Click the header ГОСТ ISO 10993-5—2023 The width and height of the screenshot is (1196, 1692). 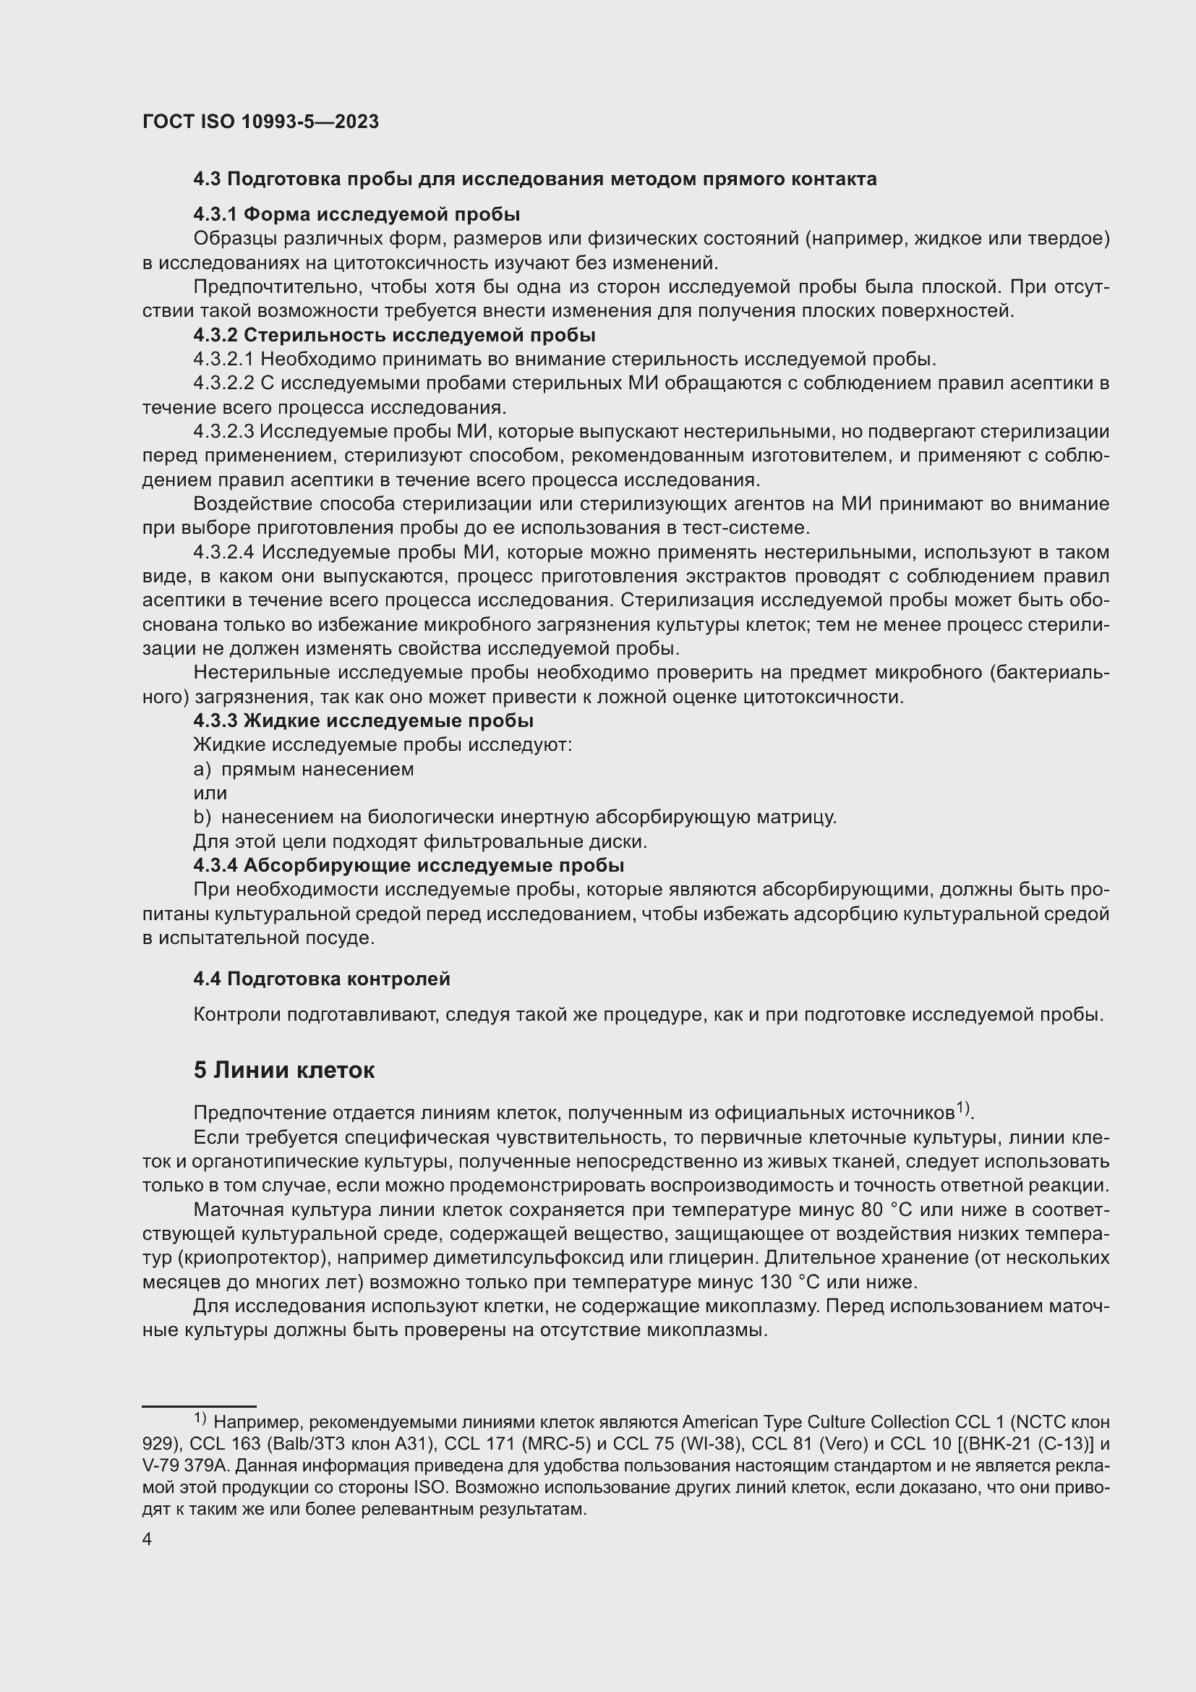(x=260, y=122)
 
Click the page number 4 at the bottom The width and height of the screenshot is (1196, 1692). (x=148, y=1539)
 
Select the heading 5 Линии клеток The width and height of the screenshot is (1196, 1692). (x=283, y=1070)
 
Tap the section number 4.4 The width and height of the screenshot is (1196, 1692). (x=208, y=979)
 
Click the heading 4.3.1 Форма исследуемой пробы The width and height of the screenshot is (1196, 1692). (x=356, y=214)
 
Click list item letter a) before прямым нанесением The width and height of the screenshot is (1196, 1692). (x=201, y=770)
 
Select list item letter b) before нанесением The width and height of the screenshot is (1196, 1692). (x=201, y=817)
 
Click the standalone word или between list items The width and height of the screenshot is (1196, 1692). (x=210, y=794)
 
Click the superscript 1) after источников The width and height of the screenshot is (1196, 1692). (x=963, y=1108)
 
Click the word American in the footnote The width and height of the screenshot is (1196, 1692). (x=717, y=1422)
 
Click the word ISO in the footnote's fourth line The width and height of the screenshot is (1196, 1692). (x=428, y=1487)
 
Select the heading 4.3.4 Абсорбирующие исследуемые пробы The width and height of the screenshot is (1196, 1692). (x=409, y=865)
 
